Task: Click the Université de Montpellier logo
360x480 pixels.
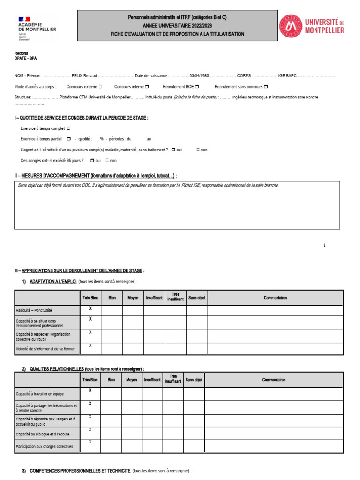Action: tap(311, 26)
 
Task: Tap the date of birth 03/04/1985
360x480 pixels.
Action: tap(199, 75)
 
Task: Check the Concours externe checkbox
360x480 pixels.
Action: tap(100, 87)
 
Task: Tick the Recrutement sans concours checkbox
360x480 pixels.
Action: tap(266, 87)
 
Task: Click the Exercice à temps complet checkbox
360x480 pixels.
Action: tap(68, 128)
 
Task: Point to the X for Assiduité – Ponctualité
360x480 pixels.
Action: tap(90, 308)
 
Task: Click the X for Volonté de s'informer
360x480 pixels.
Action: tap(90, 345)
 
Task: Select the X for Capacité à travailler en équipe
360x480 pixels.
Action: tap(90, 390)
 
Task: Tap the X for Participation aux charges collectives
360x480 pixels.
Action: tap(90, 442)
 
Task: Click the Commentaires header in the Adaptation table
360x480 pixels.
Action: tap(275, 298)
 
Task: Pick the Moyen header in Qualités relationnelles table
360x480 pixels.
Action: tap(132, 380)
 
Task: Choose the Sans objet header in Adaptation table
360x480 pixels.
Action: tap(197, 298)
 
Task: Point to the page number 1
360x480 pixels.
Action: tap(324, 245)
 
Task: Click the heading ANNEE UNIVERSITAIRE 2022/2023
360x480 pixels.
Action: tap(177, 26)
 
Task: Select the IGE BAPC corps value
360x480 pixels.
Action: tap(287, 75)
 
